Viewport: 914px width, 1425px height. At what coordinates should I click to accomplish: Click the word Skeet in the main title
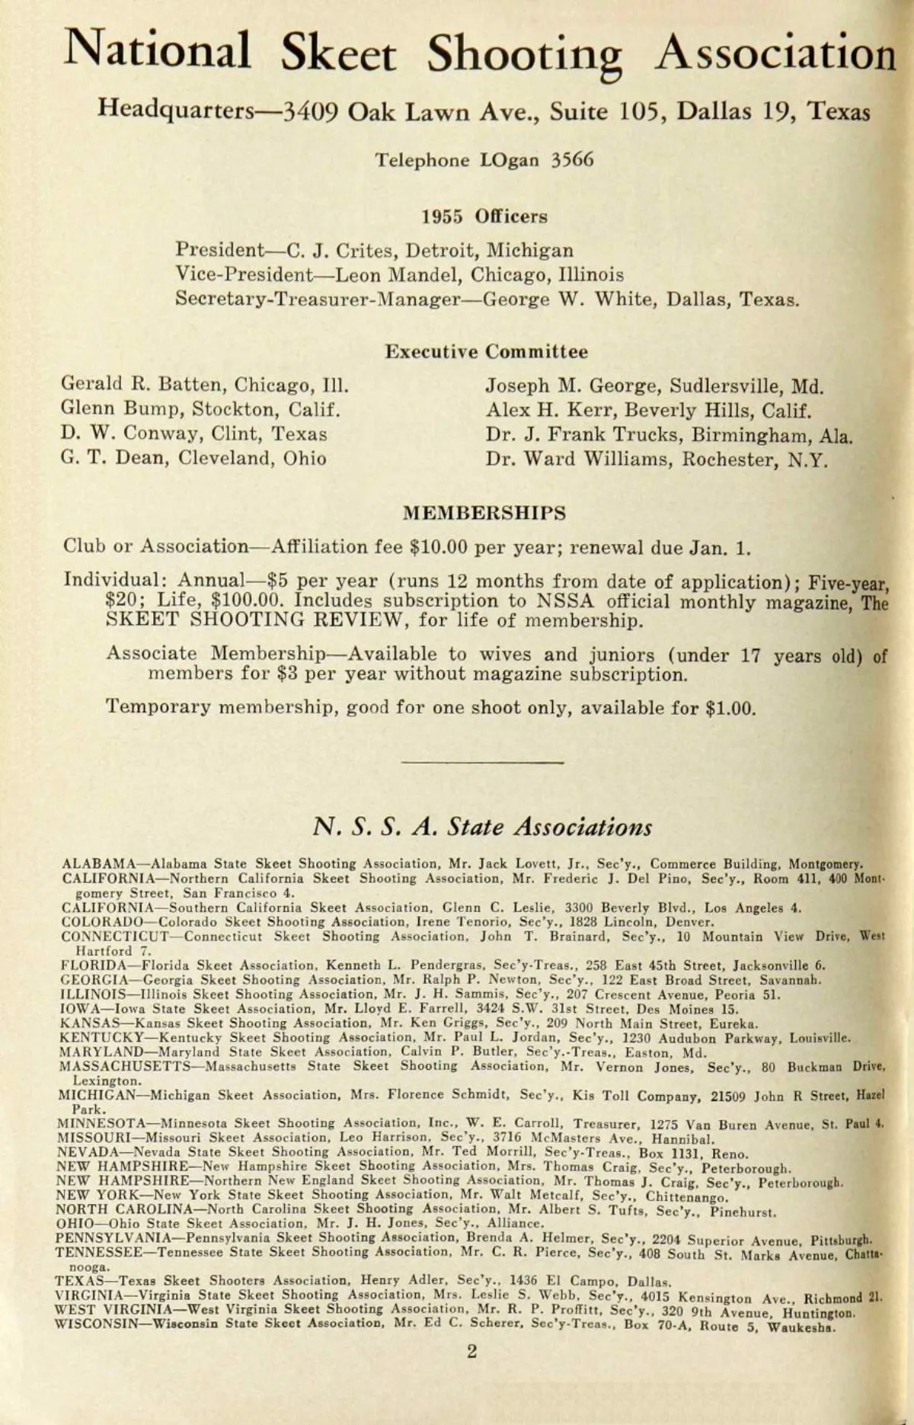(x=337, y=53)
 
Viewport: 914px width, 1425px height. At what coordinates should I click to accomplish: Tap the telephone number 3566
(x=572, y=160)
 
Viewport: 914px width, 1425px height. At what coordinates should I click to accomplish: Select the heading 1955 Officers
(x=484, y=216)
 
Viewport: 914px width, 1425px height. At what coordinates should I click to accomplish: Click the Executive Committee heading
(x=486, y=351)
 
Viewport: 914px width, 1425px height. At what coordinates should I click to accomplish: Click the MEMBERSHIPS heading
(x=484, y=513)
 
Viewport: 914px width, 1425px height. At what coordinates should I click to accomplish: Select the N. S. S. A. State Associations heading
(x=482, y=827)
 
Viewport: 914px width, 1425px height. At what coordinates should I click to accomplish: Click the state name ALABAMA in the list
(x=98, y=864)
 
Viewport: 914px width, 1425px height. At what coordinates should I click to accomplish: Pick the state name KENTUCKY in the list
(x=97, y=1038)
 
